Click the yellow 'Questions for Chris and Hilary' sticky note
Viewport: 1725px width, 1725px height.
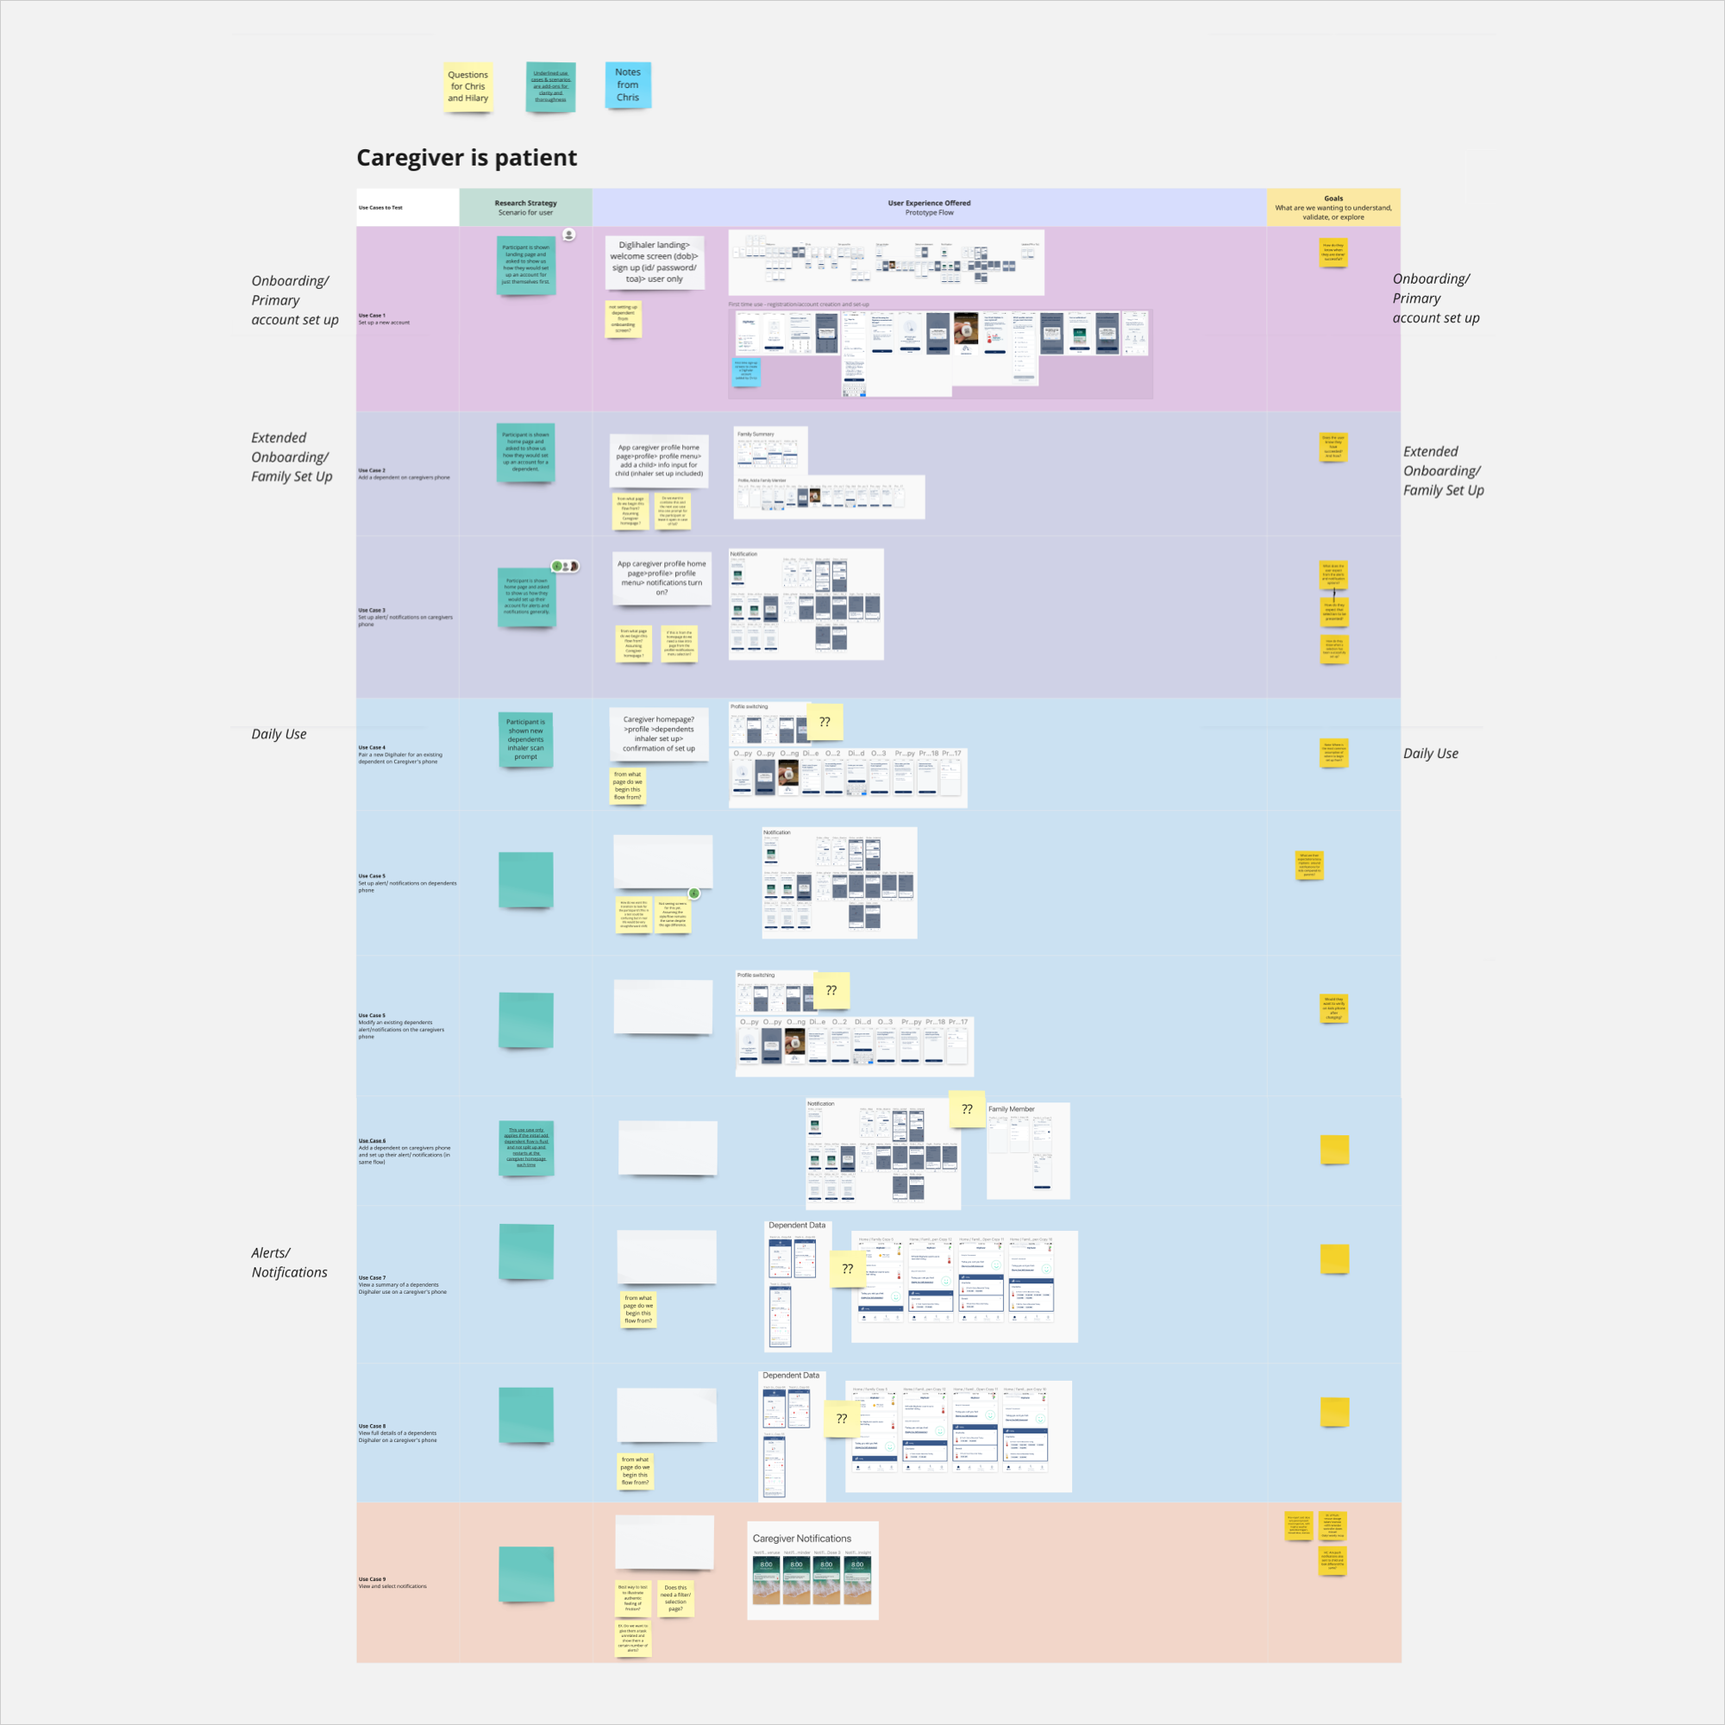(x=467, y=86)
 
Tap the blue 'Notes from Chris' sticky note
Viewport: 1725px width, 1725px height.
(x=628, y=85)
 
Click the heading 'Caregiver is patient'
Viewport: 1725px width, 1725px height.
(x=466, y=158)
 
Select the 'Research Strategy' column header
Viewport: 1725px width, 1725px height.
(x=525, y=207)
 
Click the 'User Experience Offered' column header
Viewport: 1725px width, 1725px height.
(x=929, y=207)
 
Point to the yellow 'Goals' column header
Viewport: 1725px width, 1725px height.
(x=1333, y=207)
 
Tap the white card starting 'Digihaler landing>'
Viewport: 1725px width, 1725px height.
(x=655, y=261)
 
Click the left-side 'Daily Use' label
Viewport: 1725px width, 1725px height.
(x=279, y=734)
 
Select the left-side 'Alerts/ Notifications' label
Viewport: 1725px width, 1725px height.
(x=288, y=1263)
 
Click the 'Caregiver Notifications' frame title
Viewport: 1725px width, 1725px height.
(x=801, y=1539)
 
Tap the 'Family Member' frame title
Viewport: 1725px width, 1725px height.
(x=1011, y=1109)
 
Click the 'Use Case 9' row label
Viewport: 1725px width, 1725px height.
(x=373, y=1578)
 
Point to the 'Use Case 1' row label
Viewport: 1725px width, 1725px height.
(x=373, y=315)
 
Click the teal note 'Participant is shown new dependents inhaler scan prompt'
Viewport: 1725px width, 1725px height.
(x=525, y=739)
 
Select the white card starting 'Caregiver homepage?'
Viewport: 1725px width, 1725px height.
(x=659, y=734)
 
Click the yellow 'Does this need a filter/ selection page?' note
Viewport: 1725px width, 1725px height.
(x=676, y=1598)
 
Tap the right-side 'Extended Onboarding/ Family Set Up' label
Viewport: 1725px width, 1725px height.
(x=1443, y=471)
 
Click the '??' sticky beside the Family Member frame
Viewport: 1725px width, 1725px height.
(x=967, y=1109)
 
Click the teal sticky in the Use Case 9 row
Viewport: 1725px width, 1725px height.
(x=526, y=1574)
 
